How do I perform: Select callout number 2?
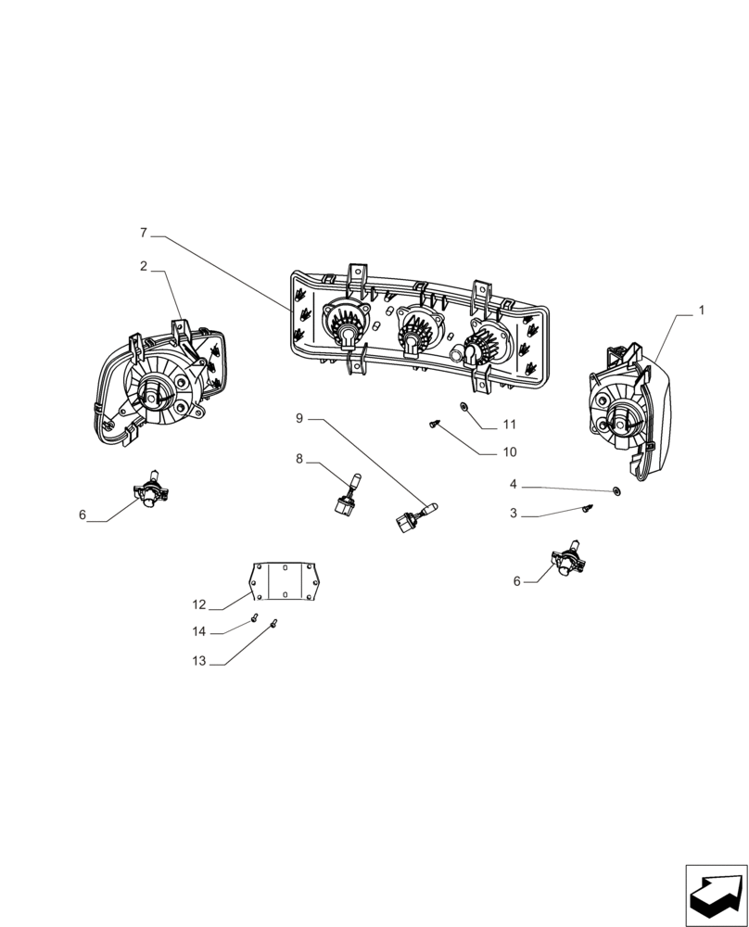(x=144, y=266)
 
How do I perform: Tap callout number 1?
(x=701, y=311)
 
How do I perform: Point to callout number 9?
(x=299, y=419)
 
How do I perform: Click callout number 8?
(x=299, y=458)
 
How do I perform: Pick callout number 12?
(x=199, y=604)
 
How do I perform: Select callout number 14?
(x=199, y=631)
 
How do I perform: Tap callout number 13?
(x=199, y=661)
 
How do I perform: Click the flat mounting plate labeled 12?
(x=285, y=581)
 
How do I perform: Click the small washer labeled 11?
(x=463, y=406)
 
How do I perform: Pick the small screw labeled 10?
(x=434, y=424)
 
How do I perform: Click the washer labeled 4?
(x=616, y=490)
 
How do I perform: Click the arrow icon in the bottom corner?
(x=715, y=895)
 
